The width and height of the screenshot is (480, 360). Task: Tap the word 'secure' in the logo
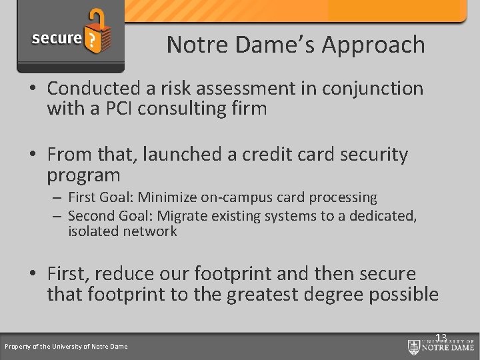coord(57,38)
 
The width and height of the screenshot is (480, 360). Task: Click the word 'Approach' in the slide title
coord(373,45)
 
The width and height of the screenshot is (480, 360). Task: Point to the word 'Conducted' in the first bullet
coord(93,88)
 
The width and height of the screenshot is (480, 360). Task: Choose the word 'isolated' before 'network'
coord(93,231)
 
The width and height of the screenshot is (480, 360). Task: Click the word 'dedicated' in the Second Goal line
coord(383,215)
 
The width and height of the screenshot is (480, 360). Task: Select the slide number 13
coord(441,338)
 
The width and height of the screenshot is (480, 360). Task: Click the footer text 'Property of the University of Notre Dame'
coord(66,346)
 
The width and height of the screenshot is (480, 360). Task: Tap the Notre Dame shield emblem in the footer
coord(414,346)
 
